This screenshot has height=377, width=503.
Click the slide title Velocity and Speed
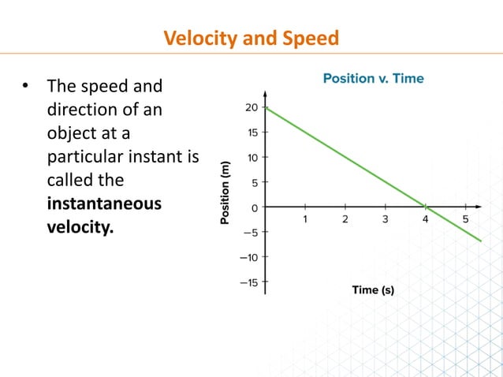click(x=251, y=37)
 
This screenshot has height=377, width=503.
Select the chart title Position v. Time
click(x=373, y=78)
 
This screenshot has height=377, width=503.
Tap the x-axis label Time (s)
click(x=373, y=289)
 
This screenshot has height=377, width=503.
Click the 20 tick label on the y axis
click(x=251, y=107)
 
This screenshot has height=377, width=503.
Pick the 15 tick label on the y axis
click(x=251, y=133)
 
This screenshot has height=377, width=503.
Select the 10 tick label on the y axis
click(x=251, y=157)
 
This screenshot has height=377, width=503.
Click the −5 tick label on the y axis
click(x=249, y=232)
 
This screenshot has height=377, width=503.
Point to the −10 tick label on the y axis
click(x=248, y=257)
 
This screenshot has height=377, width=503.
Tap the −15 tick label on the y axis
click(x=248, y=282)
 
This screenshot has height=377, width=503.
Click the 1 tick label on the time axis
click(x=305, y=219)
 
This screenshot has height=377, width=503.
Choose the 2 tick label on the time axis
click(x=345, y=219)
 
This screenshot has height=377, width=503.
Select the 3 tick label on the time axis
click(x=386, y=219)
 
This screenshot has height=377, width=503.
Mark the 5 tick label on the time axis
click(x=466, y=219)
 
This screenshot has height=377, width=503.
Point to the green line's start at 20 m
click(x=266, y=107)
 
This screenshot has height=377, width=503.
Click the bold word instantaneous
click(x=104, y=203)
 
